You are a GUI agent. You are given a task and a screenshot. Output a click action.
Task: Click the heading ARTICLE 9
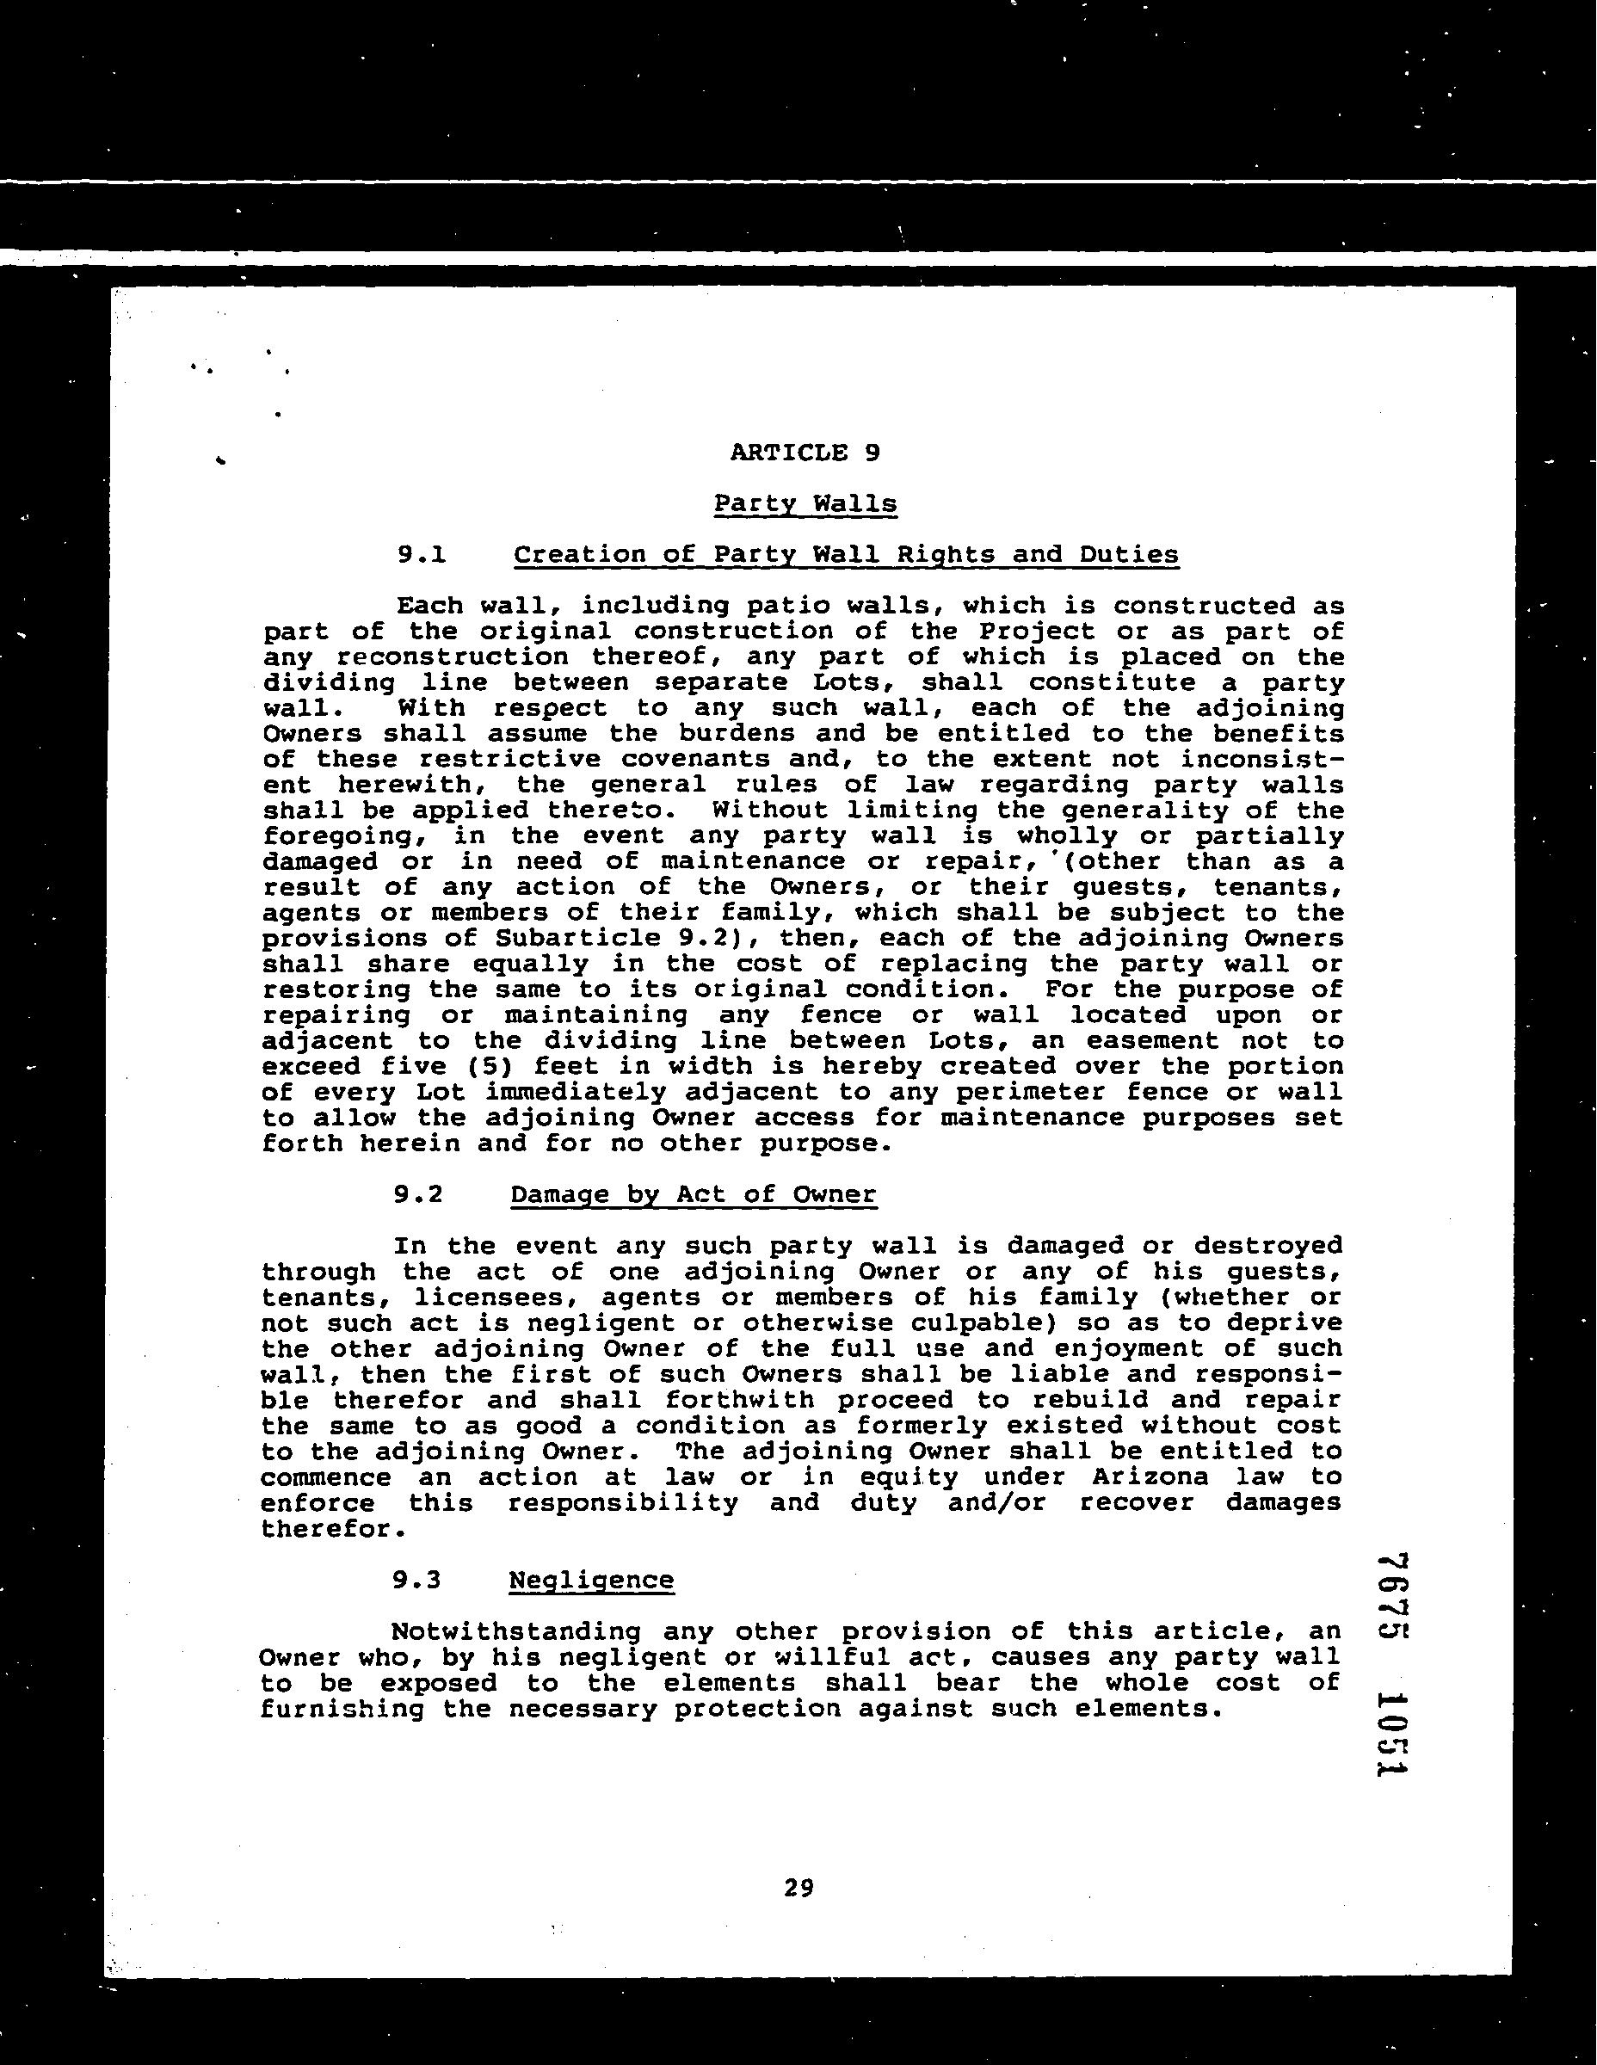point(805,453)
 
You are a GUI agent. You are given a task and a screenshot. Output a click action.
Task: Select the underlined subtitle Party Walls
point(805,504)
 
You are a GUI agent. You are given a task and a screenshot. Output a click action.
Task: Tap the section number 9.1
point(421,555)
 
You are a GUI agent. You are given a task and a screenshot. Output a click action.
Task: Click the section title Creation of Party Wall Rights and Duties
point(846,555)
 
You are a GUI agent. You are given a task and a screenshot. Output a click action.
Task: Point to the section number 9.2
point(418,1195)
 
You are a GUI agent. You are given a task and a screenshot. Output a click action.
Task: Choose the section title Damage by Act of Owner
point(693,1195)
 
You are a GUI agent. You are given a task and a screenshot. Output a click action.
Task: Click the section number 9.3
point(417,1580)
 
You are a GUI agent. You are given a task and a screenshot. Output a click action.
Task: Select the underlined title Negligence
point(591,1580)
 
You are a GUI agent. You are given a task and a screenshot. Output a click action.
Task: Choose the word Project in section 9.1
point(1035,632)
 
